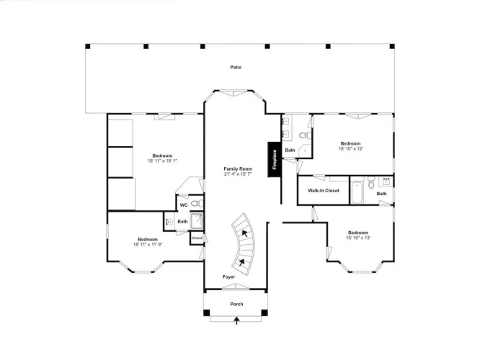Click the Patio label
pos(236,67)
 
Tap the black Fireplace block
pos(275,159)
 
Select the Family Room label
pos(238,168)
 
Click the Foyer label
pos(228,276)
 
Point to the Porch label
pos(236,304)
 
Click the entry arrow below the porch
pos(236,321)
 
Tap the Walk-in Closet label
pos(324,191)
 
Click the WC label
pos(183,205)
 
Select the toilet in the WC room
pos(197,203)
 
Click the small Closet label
pos(197,238)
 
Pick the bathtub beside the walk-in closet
pos(357,193)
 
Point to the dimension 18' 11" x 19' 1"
pos(163,161)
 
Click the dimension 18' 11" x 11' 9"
pos(148,244)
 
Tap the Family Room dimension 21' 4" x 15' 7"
pos(238,174)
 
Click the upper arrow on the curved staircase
pos(244,234)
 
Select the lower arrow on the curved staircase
pos(242,262)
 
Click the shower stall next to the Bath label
pos(197,221)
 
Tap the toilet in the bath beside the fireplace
pos(304,135)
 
